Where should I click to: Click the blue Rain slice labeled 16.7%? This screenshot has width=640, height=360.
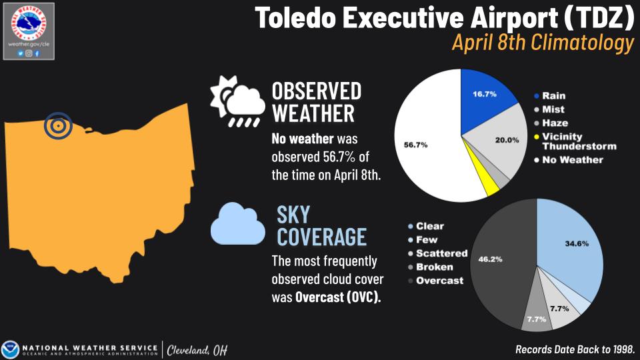(x=487, y=101)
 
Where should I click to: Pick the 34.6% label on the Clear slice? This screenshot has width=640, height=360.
(x=577, y=243)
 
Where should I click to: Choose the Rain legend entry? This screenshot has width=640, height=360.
(x=553, y=96)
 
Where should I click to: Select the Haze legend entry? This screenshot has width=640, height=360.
(x=555, y=123)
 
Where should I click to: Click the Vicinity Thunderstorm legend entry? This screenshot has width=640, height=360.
(x=577, y=141)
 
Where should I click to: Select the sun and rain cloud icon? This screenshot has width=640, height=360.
(x=234, y=101)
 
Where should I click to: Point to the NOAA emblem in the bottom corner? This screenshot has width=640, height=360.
(x=11, y=349)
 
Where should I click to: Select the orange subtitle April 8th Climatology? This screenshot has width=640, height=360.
(x=542, y=43)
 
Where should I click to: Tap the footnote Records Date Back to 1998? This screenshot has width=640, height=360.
(x=575, y=349)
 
